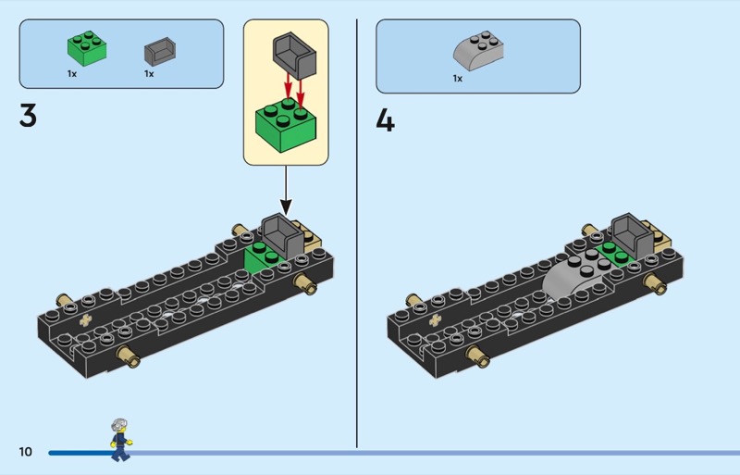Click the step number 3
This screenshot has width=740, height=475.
[x=28, y=116]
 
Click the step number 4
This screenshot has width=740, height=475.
[x=385, y=120]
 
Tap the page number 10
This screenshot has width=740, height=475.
[x=26, y=452]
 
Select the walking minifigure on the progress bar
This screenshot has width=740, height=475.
[x=121, y=440]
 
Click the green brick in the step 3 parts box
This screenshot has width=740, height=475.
[x=87, y=49]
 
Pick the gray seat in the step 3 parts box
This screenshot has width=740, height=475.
[x=160, y=52]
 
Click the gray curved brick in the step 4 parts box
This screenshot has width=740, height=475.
[x=478, y=52]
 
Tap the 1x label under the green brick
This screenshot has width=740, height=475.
[x=72, y=74]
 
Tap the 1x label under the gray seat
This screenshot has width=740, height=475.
[x=149, y=74]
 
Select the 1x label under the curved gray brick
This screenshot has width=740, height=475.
[x=458, y=79]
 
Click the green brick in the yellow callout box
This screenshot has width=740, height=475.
[x=286, y=125]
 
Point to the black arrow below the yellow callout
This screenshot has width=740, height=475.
[x=286, y=190]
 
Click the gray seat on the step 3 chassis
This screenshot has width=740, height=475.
[x=282, y=235]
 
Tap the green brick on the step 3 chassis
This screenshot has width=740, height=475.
[x=263, y=259]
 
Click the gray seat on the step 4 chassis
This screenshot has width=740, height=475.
[x=633, y=235]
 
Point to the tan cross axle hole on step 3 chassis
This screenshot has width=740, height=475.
[x=85, y=321]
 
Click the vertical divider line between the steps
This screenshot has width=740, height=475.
[x=357, y=233]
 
